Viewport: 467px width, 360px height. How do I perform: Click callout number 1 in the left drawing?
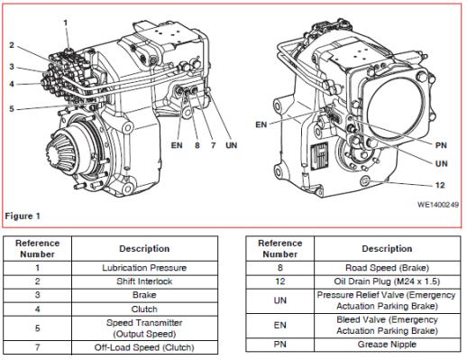pos(66,23)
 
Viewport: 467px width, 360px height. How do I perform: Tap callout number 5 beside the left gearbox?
pos(12,108)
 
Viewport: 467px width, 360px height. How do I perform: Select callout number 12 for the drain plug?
pos(440,185)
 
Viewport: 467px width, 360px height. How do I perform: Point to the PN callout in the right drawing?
pos(441,145)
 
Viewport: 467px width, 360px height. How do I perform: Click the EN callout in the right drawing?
pos(261,125)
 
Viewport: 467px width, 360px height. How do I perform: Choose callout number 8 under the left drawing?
pos(197,145)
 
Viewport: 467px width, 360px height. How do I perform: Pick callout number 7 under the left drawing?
pos(213,145)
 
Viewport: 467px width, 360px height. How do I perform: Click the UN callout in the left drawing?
pos(231,145)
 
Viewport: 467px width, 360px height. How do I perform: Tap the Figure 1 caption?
pos(23,216)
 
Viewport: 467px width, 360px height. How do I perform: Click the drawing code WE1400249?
pos(438,205)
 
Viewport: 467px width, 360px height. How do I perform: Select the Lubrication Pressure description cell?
pos(144,268)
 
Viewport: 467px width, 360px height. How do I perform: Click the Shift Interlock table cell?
pos(144,282)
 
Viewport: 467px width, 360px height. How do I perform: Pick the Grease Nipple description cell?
pos(387,345)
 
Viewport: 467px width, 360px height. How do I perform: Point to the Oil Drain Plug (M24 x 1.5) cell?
pos(387,282)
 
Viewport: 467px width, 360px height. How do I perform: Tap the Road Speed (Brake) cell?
pos(387,268)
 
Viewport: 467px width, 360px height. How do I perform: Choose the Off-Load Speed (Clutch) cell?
pos(144,347)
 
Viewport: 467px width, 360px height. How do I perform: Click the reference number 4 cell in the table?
pos(37,309)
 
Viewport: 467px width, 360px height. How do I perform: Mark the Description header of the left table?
pos(144,249)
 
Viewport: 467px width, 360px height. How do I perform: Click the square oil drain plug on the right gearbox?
pos(365,181)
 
